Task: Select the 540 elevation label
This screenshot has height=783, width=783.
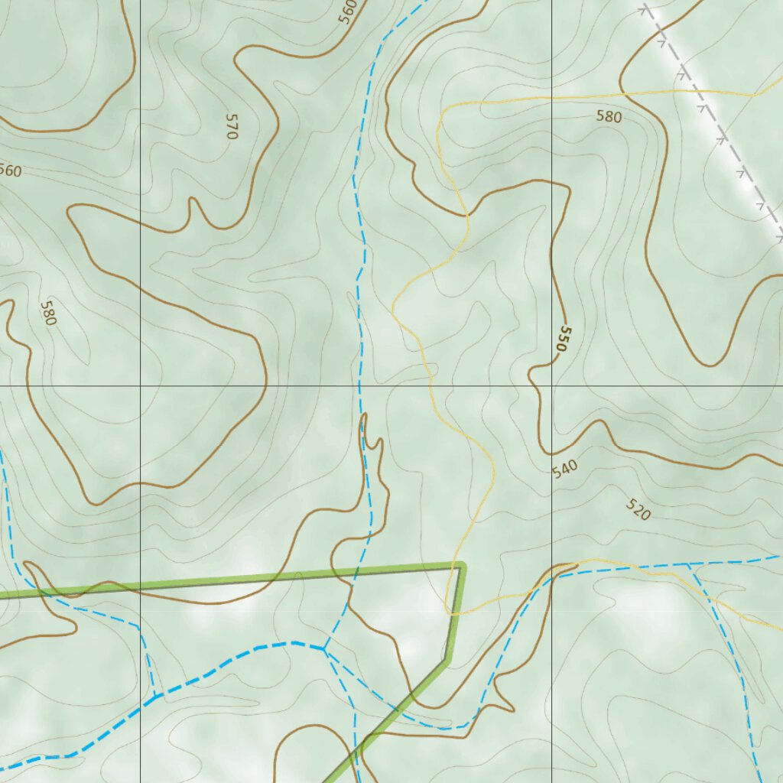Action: click(x=564, y=467)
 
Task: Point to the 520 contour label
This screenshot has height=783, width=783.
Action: click(x=638, y=509)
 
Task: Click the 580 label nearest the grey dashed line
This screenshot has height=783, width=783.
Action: click(x=609, y=117)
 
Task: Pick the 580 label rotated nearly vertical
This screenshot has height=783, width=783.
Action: click(x=48, y=313)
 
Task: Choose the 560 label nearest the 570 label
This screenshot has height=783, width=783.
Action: click(x=348, y=11)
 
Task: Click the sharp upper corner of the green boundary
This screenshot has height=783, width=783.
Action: click(x=461, y=566)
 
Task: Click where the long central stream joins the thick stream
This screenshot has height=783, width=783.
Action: click(x=324, y=649)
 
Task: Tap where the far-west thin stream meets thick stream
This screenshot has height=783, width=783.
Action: click(x=156, y=696)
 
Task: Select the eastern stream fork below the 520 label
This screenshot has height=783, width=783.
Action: click(x=688, y=564)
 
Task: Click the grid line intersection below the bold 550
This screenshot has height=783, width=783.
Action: click(x=551, y=386)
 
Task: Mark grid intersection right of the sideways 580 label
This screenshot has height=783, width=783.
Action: click(x=140, y=386)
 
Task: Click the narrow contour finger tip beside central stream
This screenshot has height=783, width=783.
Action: click(x=364, y=416)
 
